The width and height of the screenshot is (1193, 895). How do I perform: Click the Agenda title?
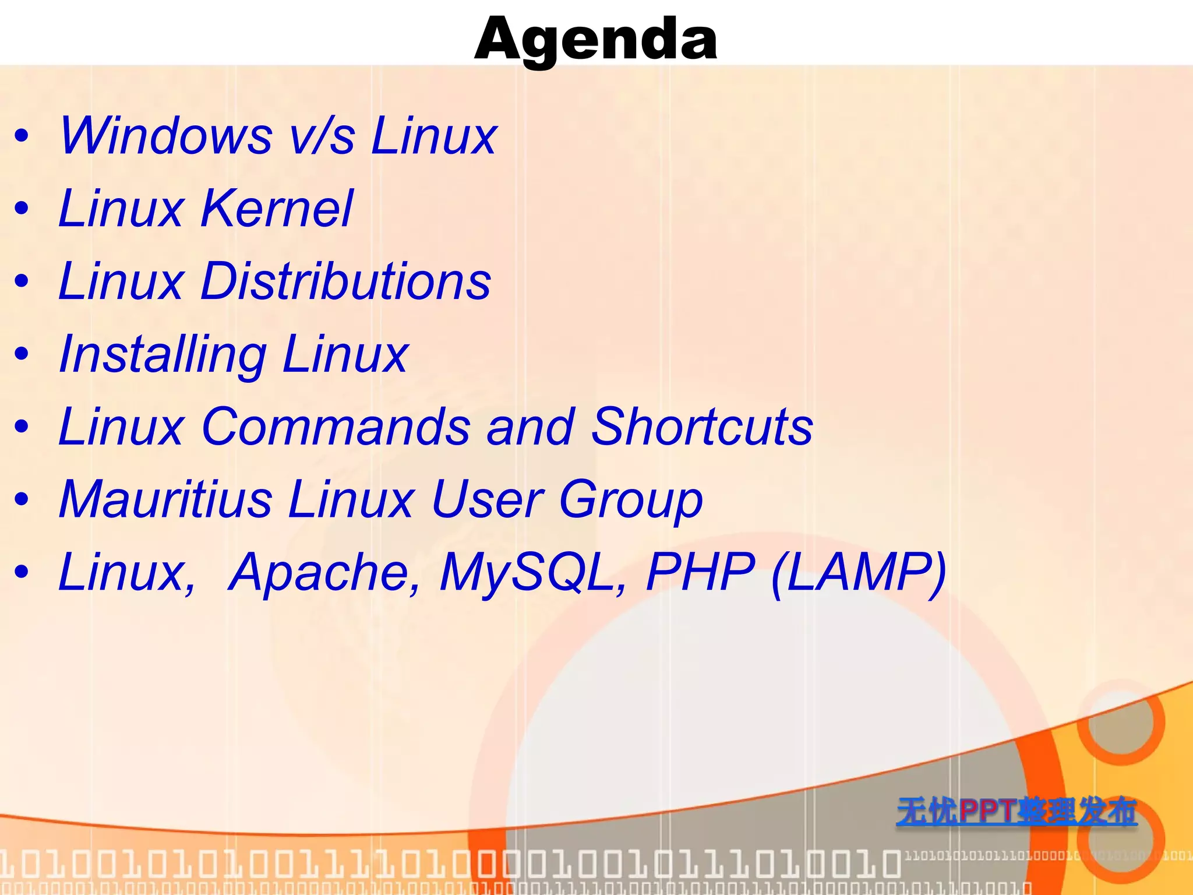(x=595, y=40)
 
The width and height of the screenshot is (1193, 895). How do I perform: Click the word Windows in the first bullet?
(x=165, y=136)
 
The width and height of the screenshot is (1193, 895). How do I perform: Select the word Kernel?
(x=276, y=209)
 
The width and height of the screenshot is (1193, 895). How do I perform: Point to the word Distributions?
(x=345, y=281)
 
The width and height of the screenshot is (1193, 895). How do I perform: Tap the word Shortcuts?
(x=701, y=427)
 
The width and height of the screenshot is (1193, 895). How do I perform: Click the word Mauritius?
(x=165, y=500)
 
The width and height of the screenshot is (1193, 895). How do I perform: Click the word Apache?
(x=324, y=573)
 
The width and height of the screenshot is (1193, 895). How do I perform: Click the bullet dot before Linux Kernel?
(x=22, y=209)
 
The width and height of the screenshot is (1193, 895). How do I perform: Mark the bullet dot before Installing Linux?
(x=22, y=354)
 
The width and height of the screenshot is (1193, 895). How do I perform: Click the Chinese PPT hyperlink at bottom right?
(x=1016, y=811)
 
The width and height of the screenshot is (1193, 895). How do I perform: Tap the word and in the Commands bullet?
(x=530, y=427)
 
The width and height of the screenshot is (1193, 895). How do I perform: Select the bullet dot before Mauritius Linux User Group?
(x=22, y=500)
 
